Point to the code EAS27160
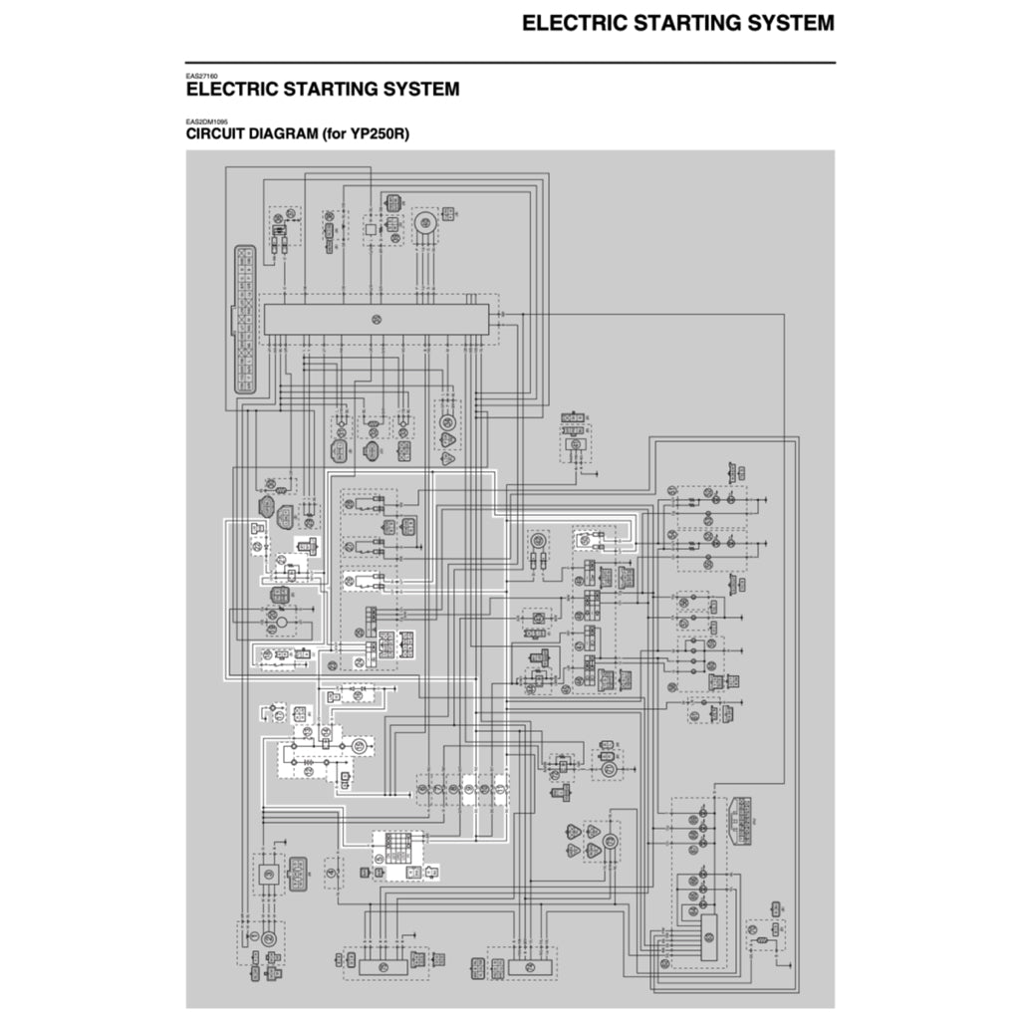[202, 76]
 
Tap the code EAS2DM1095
[207, 122]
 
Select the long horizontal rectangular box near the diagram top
[376, 320]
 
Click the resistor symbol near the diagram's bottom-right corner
[763, 940]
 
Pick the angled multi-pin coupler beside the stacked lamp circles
[737, 819]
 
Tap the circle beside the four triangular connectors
[611, 842]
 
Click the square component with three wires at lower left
[268, 874]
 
